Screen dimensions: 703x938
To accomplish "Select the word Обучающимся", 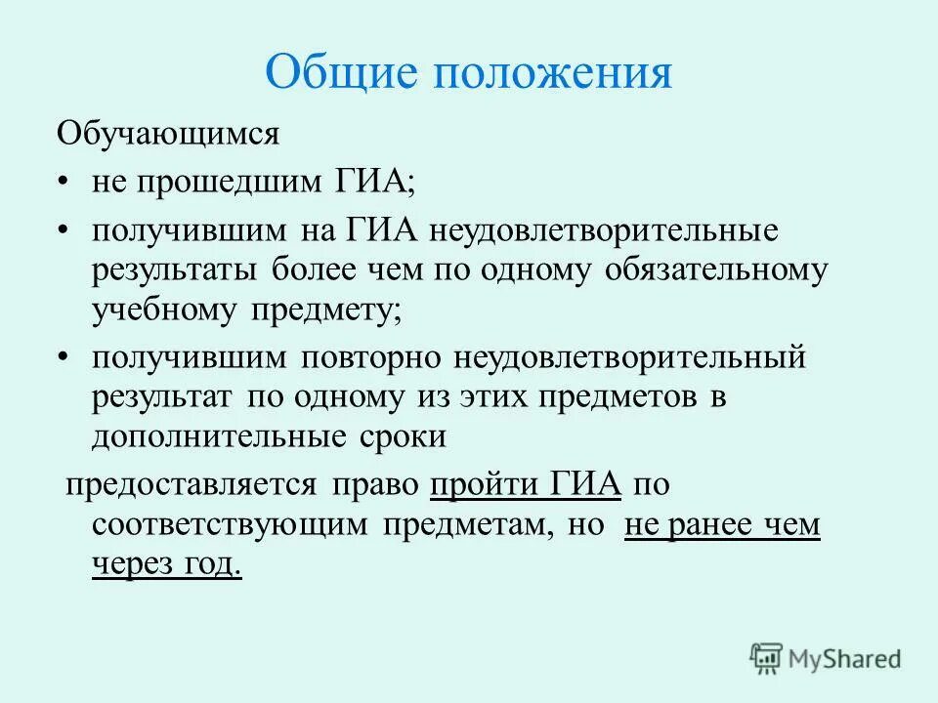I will [x=168, y=133].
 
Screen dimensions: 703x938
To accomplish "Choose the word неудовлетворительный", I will [x=629, y=357].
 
